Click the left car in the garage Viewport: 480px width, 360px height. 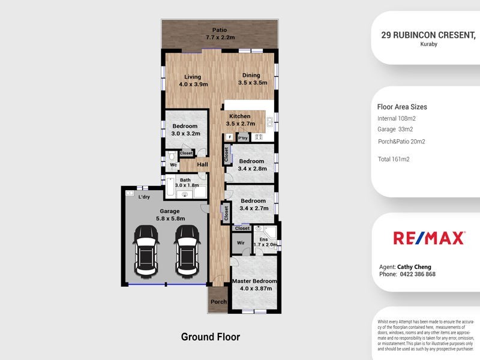coord(146,251)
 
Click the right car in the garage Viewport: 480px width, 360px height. coord(186,251)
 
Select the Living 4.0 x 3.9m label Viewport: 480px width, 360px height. coord(192,81)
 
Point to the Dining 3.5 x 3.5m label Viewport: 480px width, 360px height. coord(252,79)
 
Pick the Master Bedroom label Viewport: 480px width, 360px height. coord(254,284)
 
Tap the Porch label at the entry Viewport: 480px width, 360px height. coord(218,302)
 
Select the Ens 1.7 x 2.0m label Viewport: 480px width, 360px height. coord(265,242)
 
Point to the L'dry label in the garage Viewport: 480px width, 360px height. coord(144,197)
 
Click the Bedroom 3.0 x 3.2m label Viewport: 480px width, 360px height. coord(185,130)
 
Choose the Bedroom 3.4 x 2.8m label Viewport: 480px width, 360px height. coord(251,165)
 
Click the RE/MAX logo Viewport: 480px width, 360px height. coord(429,238)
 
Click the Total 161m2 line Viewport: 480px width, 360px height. coord(394,159)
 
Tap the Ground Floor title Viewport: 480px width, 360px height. coord(211,337)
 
